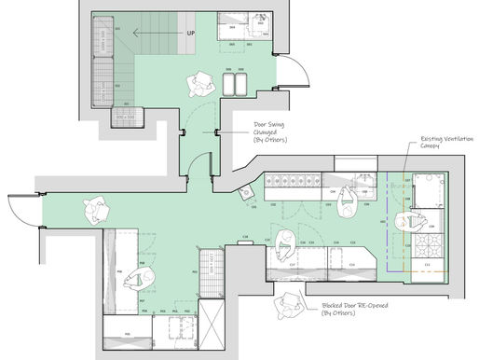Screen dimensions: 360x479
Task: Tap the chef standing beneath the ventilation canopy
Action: click(x=410, y=222)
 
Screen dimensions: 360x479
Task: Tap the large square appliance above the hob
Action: click(x=430, y=191)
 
